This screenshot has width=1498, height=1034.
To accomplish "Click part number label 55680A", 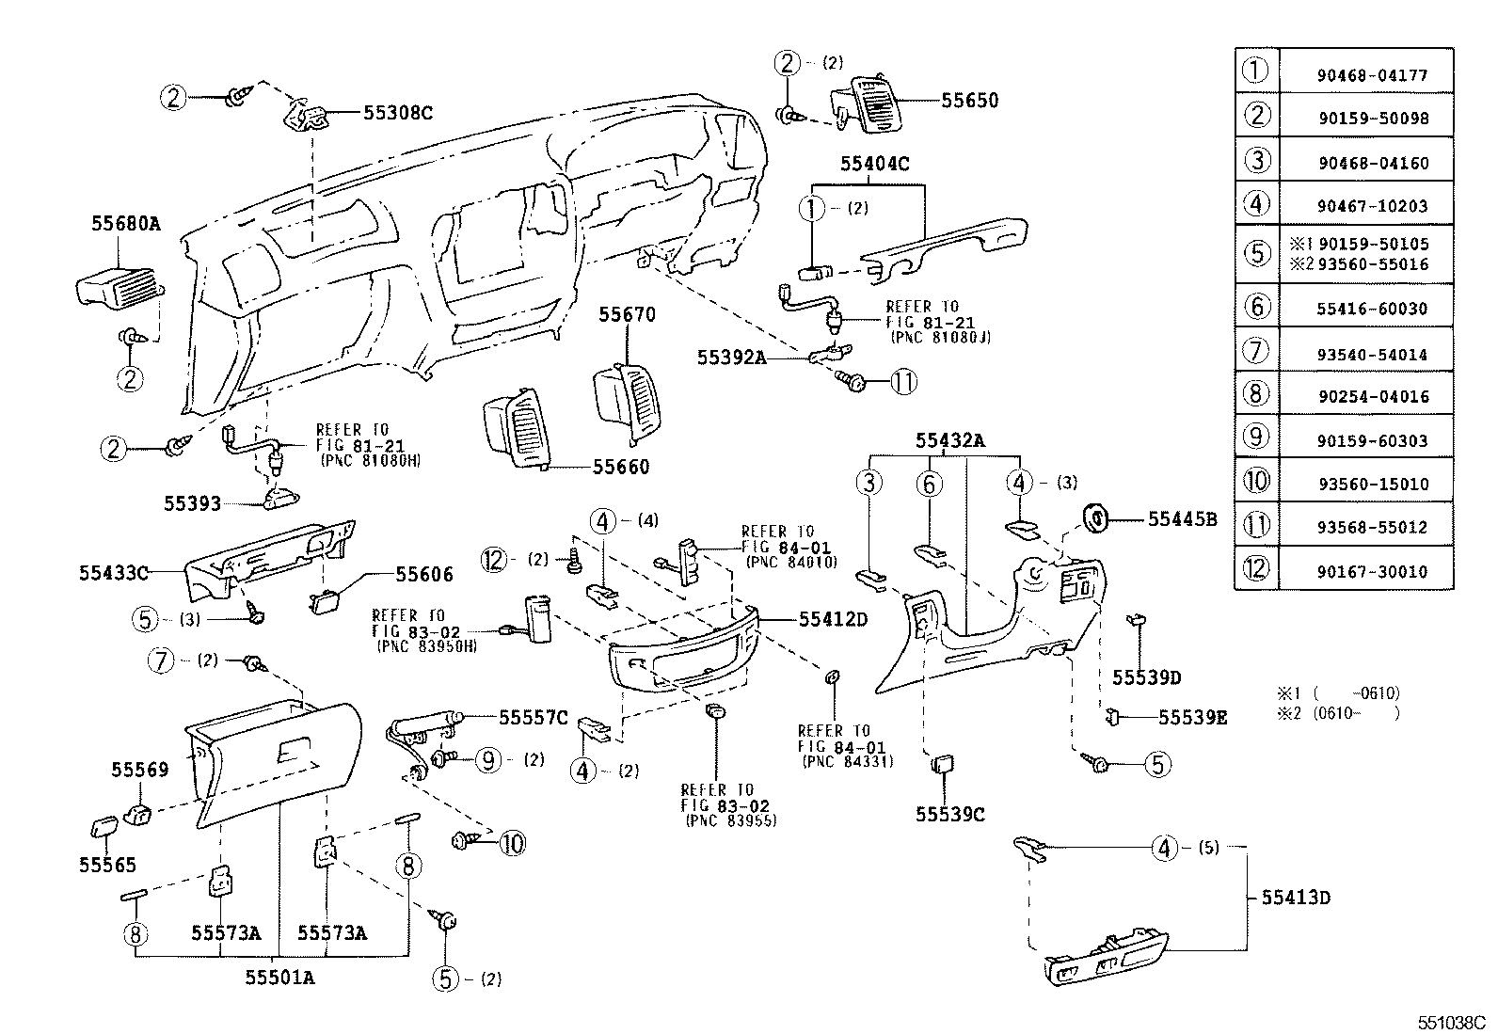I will point(125,224).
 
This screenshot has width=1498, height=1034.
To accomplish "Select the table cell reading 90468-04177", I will point(1373,75).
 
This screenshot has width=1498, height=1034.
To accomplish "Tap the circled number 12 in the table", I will point(1256,568).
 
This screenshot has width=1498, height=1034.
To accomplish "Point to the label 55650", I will point(969,101).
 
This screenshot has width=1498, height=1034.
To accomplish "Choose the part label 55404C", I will point(874,164).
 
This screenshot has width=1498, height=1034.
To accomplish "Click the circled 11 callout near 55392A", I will point(903,382).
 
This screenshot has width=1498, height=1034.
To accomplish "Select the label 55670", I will point(627,314).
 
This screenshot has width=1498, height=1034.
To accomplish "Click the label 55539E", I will point(1192,718).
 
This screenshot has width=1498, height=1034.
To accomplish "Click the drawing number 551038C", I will point(1452,1022).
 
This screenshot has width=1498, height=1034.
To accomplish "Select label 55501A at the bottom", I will point(279,978).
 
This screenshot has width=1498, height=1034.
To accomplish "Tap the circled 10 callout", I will point(512,843).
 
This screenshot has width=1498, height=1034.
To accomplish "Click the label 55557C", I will point(533,718).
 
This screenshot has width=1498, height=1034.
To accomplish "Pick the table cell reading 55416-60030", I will point(1373,309).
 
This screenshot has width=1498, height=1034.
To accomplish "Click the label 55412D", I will point(833,619).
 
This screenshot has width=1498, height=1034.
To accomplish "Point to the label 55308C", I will point(397,113).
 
